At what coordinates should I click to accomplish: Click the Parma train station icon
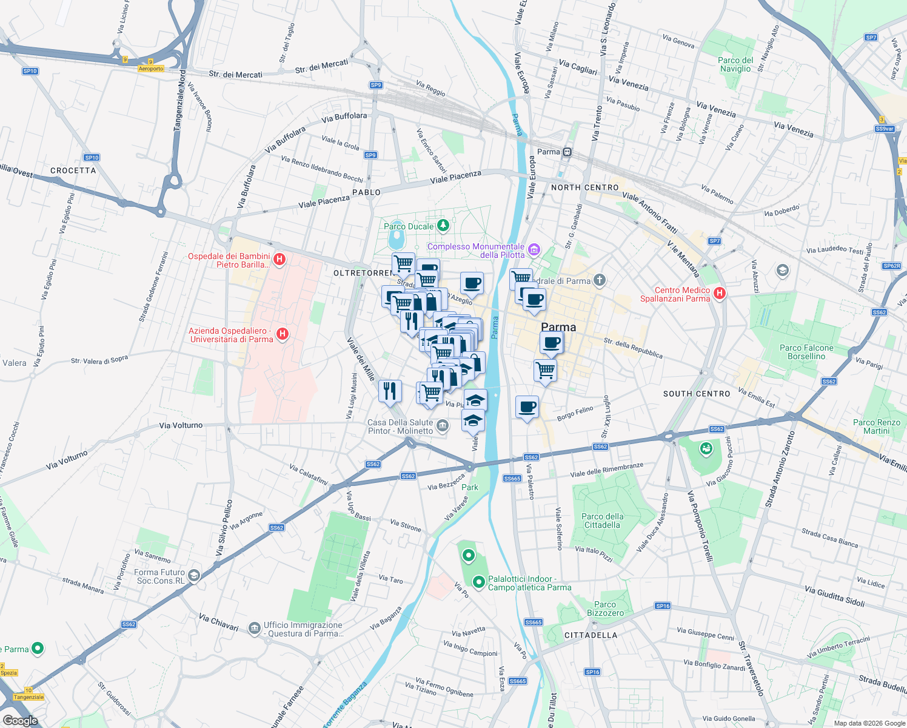coord(567,152)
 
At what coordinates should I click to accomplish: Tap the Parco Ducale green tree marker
coord(443,226)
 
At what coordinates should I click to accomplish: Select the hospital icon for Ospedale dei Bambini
coord(279,260)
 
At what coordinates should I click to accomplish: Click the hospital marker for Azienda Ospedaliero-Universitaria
coord(282,334)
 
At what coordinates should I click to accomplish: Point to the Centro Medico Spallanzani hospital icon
coord(720,294)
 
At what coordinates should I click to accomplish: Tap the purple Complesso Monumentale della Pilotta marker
coord(534,249)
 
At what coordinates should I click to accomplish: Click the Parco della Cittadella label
coord(602,521)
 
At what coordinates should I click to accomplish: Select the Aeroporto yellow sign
coord(151,69)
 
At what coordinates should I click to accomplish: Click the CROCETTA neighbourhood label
coord(73,170)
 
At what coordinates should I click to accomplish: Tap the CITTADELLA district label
coord(591,635)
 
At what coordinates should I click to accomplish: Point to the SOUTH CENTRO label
coord(697,394)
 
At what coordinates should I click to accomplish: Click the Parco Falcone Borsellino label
coord(806,352)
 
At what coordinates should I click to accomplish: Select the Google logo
coord(20,720)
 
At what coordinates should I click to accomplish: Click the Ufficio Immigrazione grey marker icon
coord(255,629)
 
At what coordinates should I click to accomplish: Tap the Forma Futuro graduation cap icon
coord(194,575)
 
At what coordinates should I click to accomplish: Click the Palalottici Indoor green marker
coord(479,582)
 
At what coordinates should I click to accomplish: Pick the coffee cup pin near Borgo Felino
coord(527,406)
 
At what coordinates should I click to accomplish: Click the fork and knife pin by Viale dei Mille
coord(390,391)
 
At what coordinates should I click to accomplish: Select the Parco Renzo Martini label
coord(876,426)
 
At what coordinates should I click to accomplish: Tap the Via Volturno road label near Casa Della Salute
coord(181,425)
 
